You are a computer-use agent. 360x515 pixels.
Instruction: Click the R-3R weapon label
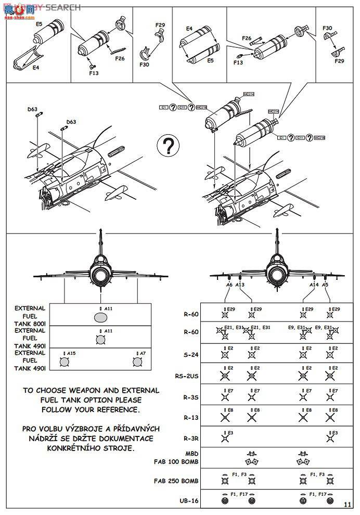click(191, 438)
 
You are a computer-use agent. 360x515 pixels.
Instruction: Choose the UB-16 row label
click(190, 501)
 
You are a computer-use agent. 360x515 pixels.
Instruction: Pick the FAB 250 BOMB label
click(176, 480)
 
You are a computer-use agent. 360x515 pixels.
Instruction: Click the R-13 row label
click(191, 417)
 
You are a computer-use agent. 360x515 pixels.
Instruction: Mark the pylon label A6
click(229, 285)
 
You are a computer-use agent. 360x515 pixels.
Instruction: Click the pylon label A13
click(240, 285)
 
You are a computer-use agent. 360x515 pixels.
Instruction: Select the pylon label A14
click(314, 285)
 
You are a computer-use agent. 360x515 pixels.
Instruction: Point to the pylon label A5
click(325, 285)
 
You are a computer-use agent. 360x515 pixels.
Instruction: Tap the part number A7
click(141, 353)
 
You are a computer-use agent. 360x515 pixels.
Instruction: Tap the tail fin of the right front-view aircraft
click(276, 240)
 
